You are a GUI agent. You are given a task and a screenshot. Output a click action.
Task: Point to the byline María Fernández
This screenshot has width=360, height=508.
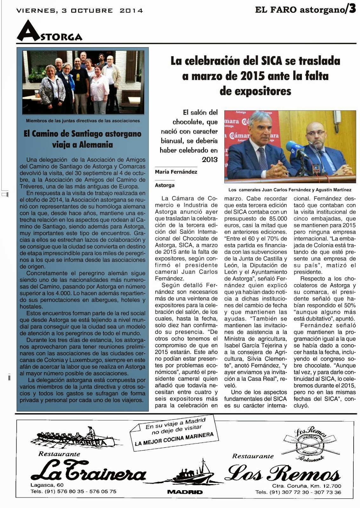tap(176, 172)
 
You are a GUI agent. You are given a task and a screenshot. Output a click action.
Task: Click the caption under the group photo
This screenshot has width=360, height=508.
tap(83, 121)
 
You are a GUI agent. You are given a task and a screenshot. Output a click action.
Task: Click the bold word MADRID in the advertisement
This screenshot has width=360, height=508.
tap(185, 492)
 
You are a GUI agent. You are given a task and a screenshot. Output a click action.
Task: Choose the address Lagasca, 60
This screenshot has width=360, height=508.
tap(47, 485)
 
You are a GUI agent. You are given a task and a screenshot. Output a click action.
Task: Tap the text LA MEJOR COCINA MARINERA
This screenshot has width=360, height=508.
tap(174, 439)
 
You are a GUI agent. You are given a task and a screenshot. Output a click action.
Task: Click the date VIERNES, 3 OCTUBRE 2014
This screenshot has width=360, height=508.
tap(79, 10)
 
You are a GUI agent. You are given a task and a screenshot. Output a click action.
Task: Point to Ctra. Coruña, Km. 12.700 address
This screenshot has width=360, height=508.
tap(306, 486)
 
